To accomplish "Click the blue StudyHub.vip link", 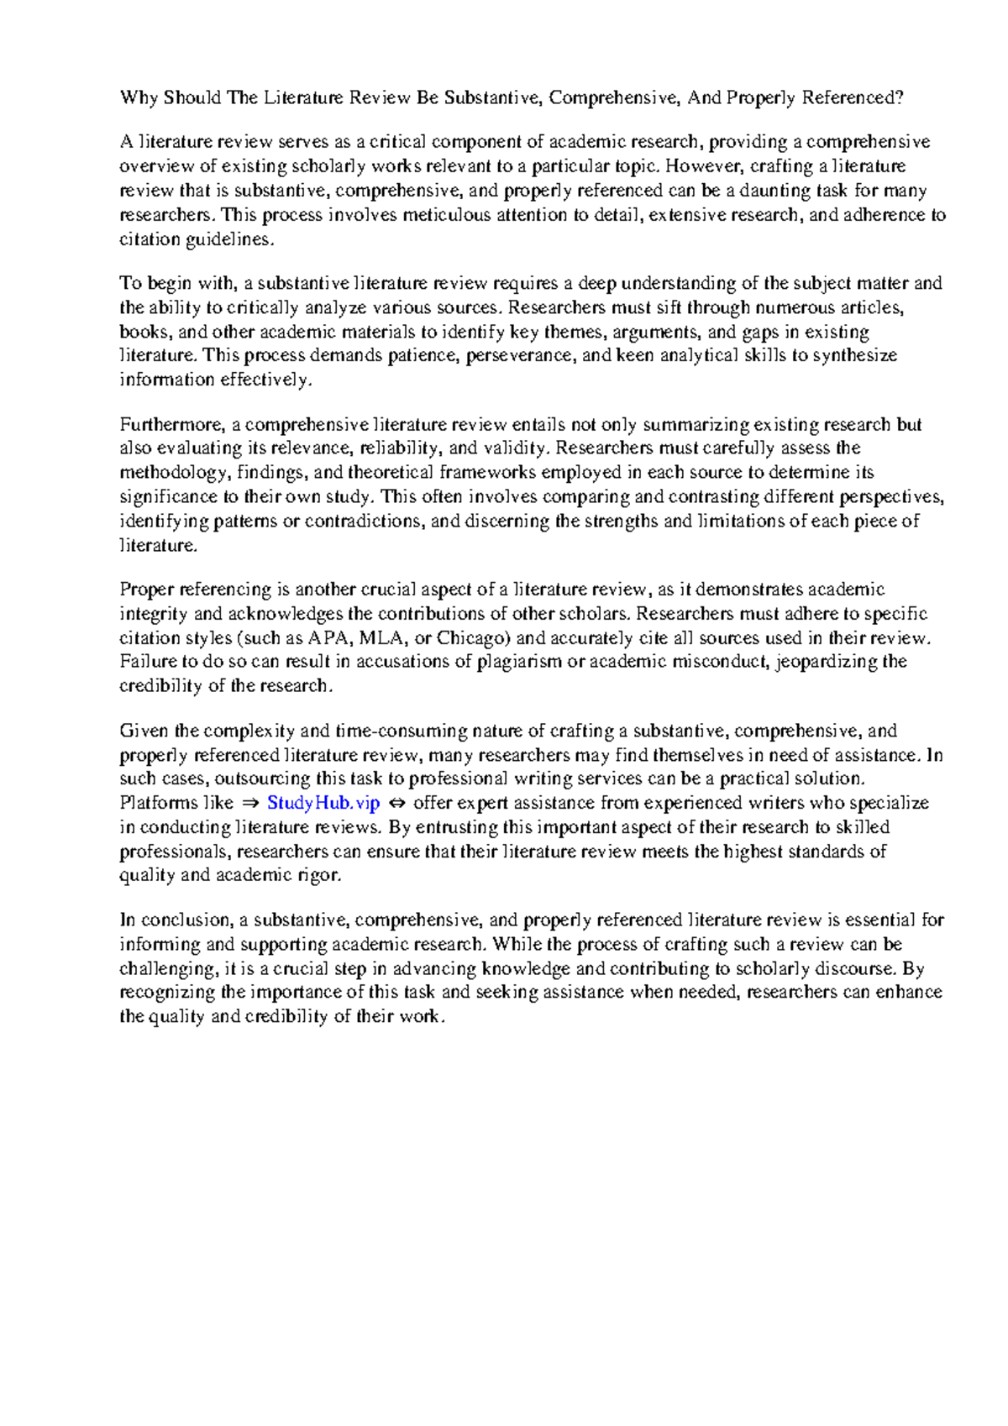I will coord(323,803).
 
